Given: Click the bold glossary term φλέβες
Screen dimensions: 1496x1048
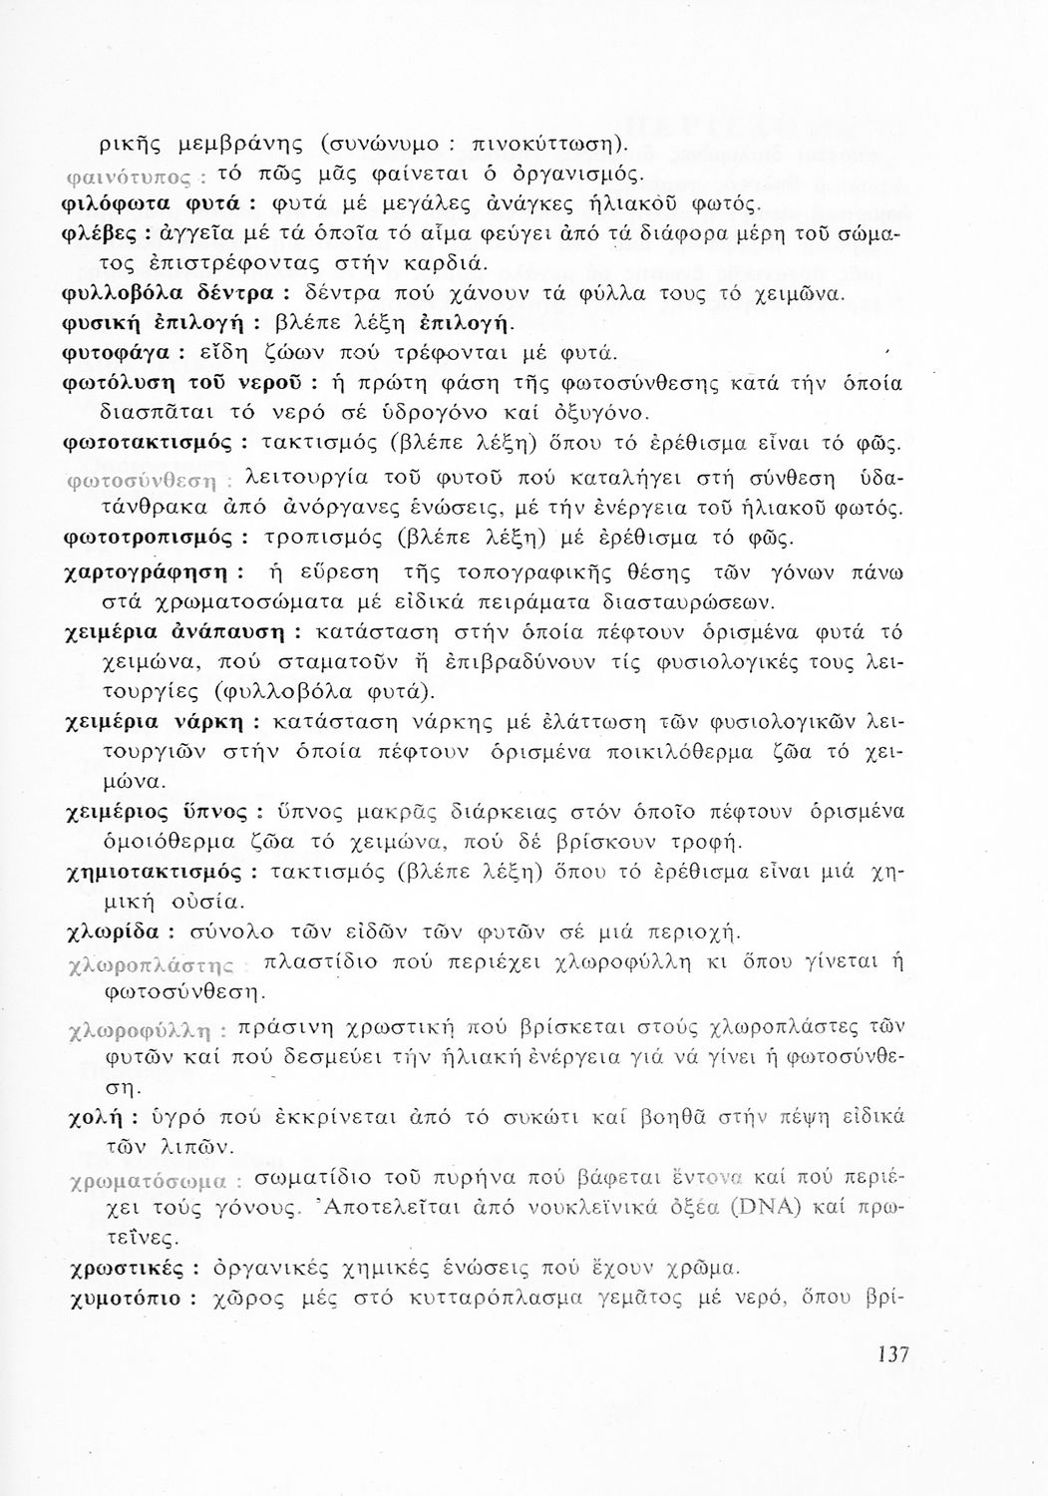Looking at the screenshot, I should pos(96,239).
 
